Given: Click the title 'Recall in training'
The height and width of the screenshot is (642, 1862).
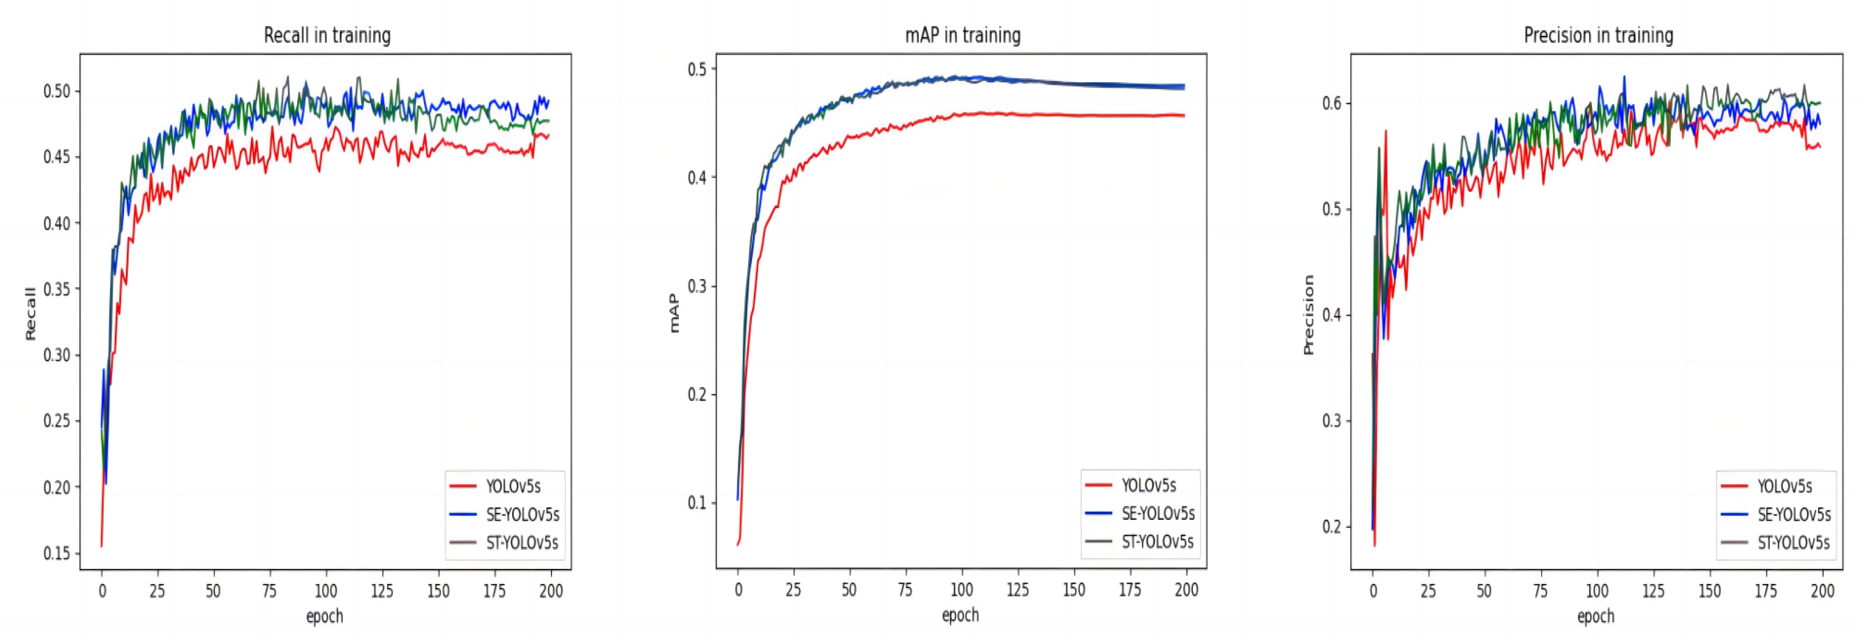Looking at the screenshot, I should [x=327, y=35].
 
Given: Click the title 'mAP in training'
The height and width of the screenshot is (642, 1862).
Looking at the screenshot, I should [x=962, y=35].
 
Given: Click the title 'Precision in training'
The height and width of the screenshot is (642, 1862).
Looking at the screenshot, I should [x=1598, y=35].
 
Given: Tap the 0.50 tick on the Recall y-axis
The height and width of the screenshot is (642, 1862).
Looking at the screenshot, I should [x=57, y=91].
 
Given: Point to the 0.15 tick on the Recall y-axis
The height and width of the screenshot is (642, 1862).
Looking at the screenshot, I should [x=57, y=553].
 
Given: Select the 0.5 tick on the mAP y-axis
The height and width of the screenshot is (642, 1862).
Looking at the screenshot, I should [x=697, y=70].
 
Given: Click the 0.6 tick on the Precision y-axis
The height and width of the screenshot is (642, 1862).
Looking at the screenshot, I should [x=1331, y=103].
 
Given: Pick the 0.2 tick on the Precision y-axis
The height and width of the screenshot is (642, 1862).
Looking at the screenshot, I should [x=1331, y=526].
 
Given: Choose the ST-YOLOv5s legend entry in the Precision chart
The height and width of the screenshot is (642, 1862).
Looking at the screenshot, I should [x=1792, y=542].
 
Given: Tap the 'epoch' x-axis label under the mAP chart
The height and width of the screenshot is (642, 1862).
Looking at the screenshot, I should [x=960, y=615].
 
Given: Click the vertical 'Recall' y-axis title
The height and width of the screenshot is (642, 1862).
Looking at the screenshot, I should [x=30, y=314].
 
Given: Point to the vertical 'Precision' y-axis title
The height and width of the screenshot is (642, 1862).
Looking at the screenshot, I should [x=1308, y=315].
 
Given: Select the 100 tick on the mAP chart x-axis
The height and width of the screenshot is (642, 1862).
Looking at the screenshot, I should [x=961, y=589].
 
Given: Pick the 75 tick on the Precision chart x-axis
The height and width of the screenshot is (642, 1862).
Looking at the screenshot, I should [x=1540, y=590].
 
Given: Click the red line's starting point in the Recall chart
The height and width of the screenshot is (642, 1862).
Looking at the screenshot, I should [x=101, y=546].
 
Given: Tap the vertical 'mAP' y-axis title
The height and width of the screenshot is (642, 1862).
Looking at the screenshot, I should [x=674, y=313].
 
